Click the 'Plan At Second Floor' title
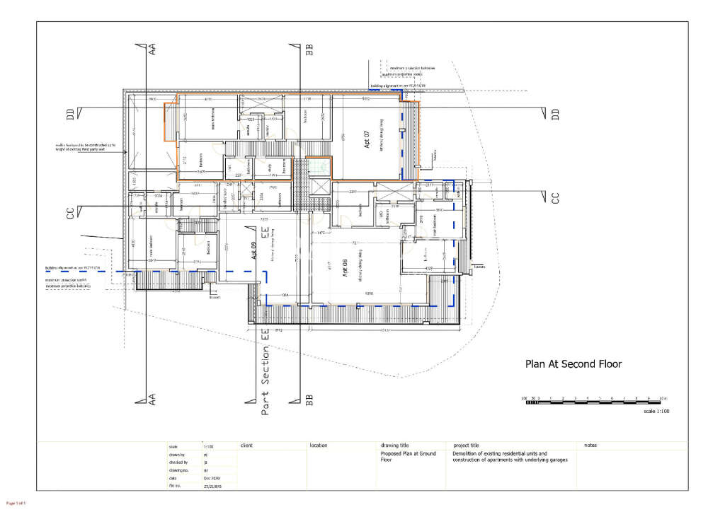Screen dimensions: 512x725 pyautogui.click(x=572, y=365)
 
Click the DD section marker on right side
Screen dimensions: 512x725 pyautogui.click(x=555, y=113)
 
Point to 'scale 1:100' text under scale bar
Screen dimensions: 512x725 pyautogui.click(x=656, y=411)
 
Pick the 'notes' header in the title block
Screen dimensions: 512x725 pyautogui.click(x=591, y=446)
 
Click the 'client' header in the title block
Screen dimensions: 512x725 pyautogui.click(x=246, y=446)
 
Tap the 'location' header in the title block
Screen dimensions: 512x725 pyautogui.click(x=319, y=446)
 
